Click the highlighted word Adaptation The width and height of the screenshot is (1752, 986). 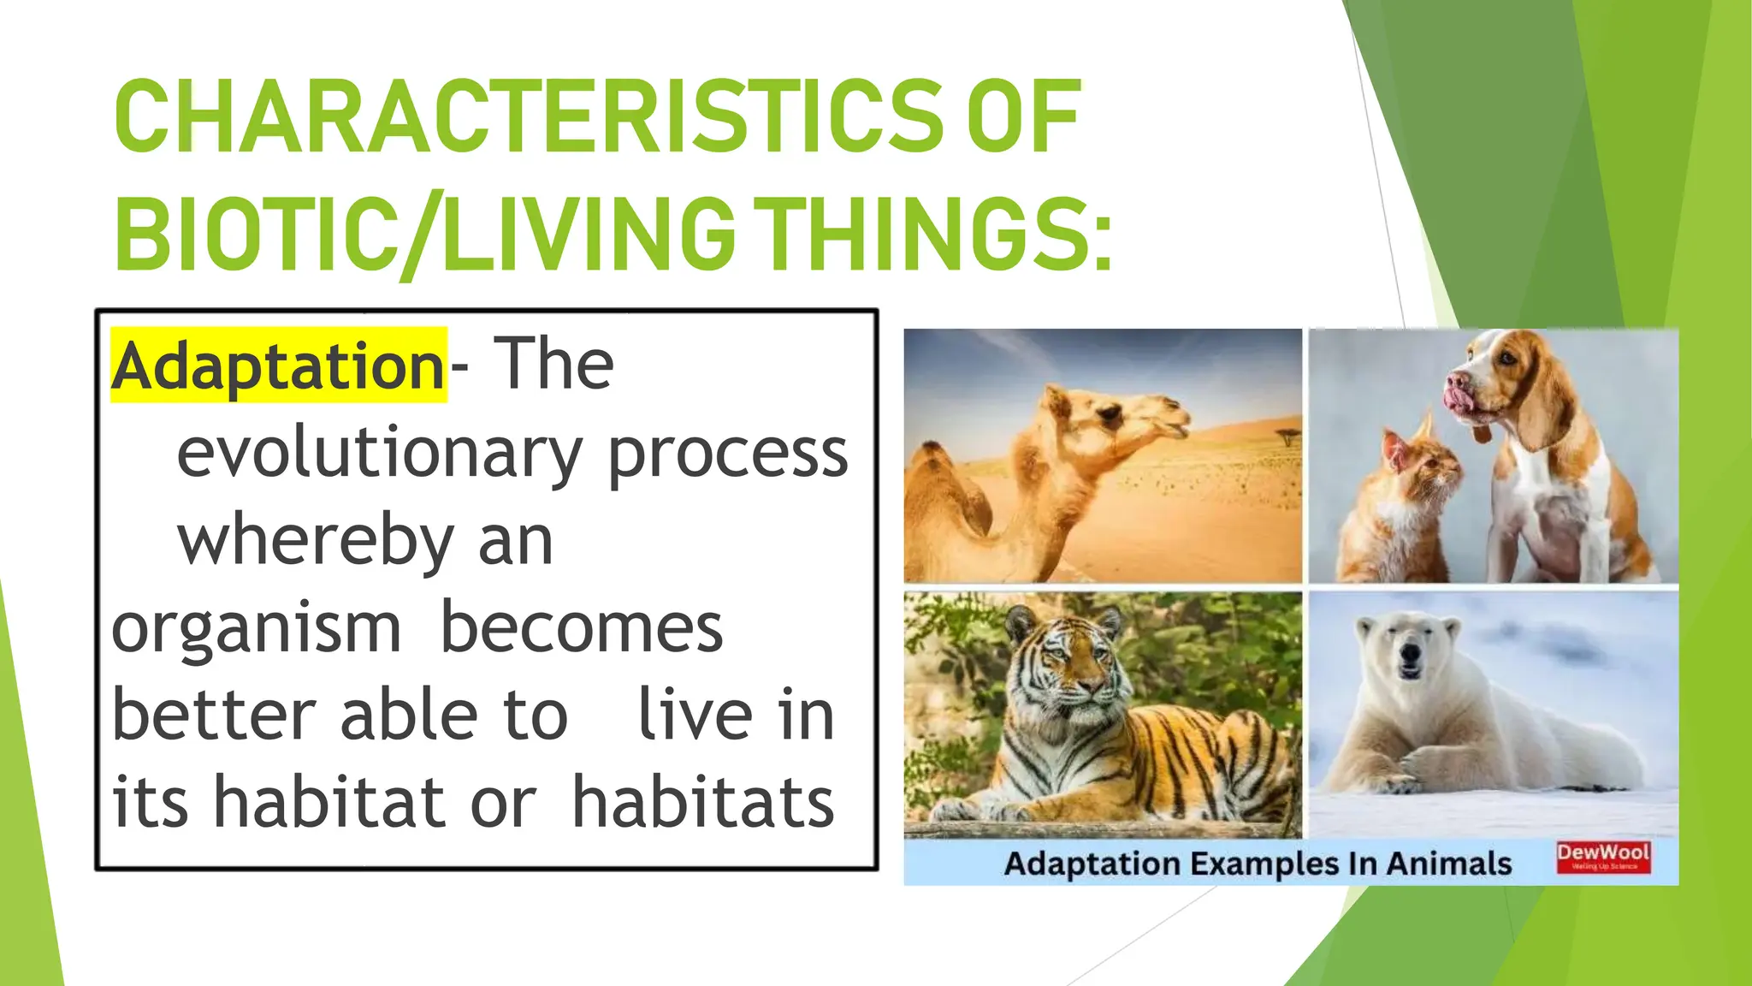278,366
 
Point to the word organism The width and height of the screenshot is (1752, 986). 256,629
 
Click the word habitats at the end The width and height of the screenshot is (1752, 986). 702,803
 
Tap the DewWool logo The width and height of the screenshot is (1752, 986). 1603,856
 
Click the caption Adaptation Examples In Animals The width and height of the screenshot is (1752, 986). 1258,864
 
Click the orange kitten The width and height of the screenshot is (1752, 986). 1399,505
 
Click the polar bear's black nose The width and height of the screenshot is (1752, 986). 1409,655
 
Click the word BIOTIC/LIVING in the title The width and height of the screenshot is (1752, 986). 423,234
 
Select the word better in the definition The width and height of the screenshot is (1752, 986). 214,716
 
